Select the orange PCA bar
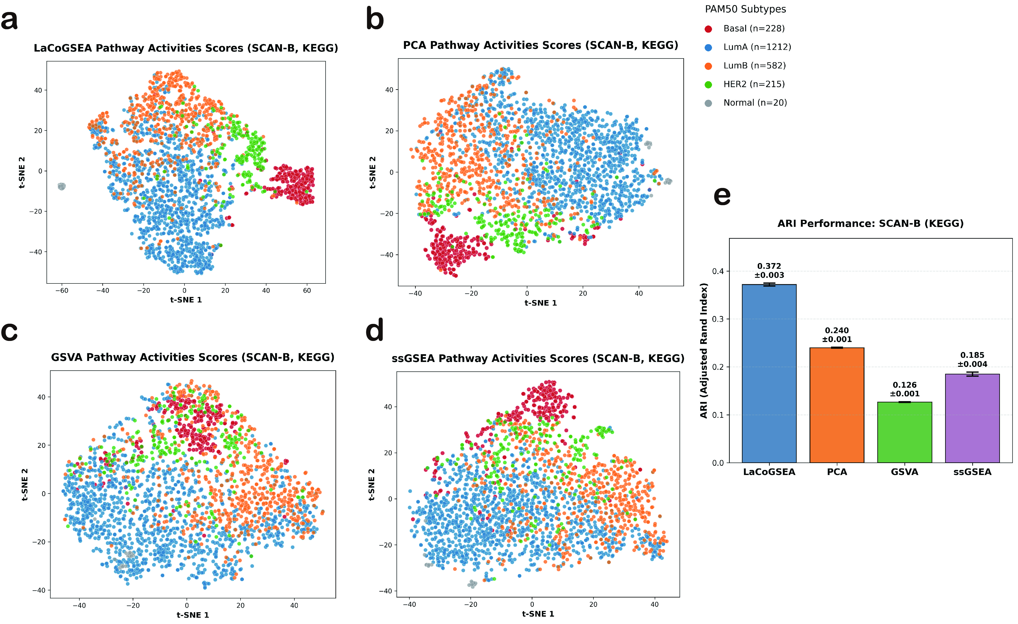pyautogui.click(x=837, y=405)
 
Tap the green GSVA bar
pyautogui.click(x=904, y=432)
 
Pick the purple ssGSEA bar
pyautogui.click(x=972, y=418)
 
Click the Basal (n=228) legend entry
pyautogui.click(x=753, y=28)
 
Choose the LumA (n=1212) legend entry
pyautogui.click(x=757, y=47)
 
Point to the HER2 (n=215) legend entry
pyautogui.click(x=753, y=84)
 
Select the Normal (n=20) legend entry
pyautogui.click(x=755, y=103)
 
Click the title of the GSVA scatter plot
pyautogui.click(x=192, y=357)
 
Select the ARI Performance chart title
pyautogui.click(x=871, y=224)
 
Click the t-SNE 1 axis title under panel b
pyautogui.click(x=540, y=303)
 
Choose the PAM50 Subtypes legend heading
pyautogui.click(x=745, y=9)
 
